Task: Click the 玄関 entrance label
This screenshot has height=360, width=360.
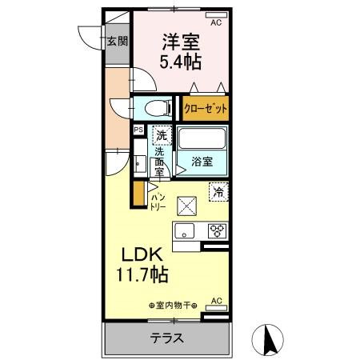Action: pos(118,42)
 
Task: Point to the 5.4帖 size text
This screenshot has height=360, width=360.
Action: pos(181,61)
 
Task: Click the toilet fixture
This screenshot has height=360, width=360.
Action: pos(155,107)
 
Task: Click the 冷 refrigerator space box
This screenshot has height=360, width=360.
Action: pos(218,190)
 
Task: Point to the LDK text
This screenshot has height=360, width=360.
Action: pos(143,254)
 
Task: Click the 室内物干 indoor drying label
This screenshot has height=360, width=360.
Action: pos(173,305)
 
